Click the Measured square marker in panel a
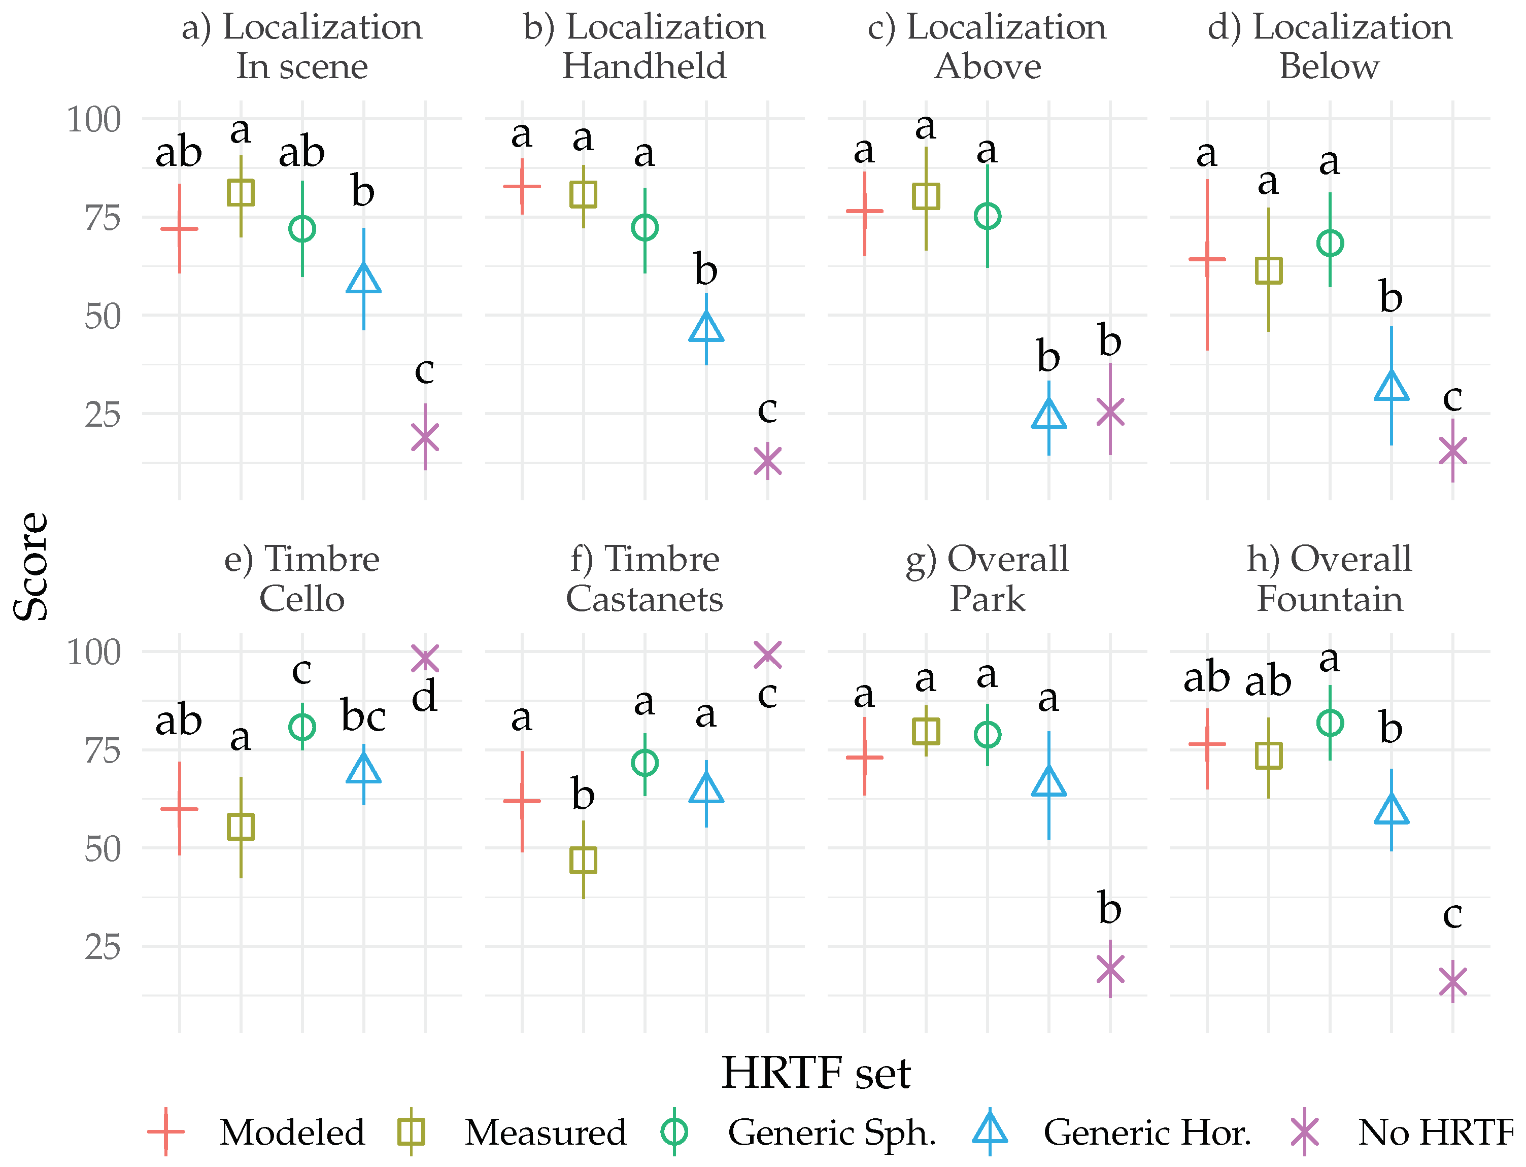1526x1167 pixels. [241, 192]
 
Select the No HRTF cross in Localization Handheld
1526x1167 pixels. [767, 461]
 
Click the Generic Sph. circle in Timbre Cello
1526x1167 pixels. [302, 727]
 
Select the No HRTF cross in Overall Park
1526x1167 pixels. [1110, 968]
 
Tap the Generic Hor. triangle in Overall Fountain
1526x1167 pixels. [1391, 810]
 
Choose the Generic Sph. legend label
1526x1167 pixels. [831, 1132]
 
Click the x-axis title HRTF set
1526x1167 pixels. [816, 1073]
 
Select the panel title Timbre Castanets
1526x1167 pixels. [644, 578]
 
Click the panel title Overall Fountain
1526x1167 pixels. [1330, 578]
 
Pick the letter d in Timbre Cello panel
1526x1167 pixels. [424, 696]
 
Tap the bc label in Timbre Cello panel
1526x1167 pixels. [363, 716]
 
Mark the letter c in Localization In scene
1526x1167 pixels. [424, 370]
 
